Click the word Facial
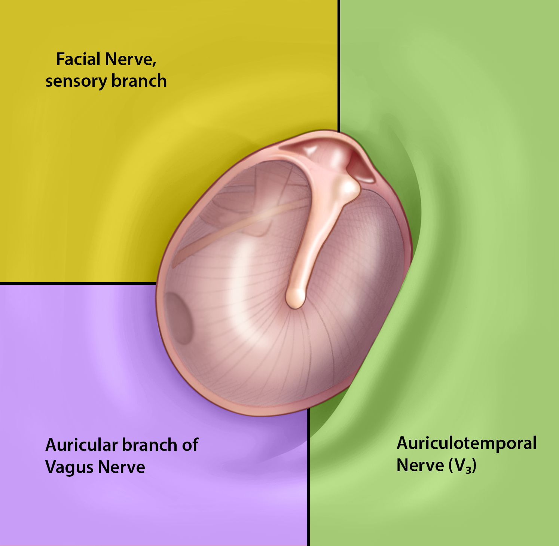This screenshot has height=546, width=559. [79, 59]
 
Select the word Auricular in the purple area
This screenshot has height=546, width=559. [82, 445]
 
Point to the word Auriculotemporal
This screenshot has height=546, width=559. [467, 443]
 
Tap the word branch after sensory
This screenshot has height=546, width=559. [139, 81]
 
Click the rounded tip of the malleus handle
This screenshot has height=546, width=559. [296, 298]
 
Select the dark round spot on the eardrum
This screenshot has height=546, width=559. [179, 318]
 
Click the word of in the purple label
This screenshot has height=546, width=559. [190, 445]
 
